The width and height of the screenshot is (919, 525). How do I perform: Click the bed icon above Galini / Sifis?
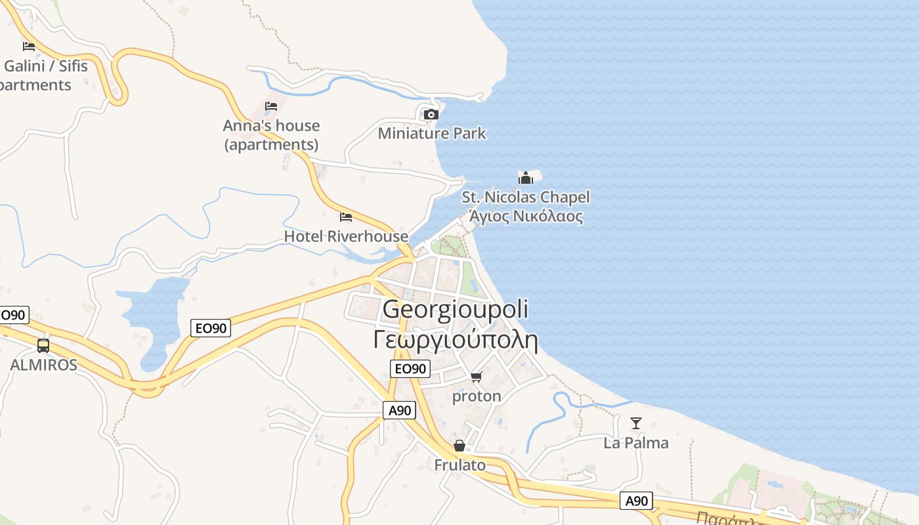click(28, 46)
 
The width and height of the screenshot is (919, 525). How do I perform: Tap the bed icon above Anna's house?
click(271, 106)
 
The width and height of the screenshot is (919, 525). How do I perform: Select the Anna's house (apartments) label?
click(271, 135)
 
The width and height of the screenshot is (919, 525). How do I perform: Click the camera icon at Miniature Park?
click(431, 114)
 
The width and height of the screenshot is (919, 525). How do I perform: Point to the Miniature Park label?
click(432, 133)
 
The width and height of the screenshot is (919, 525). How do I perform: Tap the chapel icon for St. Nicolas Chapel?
click(526, 178)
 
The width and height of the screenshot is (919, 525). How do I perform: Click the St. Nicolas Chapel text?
click(526, 197)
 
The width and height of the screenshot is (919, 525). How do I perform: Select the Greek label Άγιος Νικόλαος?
click(526, 216)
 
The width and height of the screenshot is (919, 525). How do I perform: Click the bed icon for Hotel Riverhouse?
click(346, 217)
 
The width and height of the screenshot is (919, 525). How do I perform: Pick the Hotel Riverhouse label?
click(346, 236)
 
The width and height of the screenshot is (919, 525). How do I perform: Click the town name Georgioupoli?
click(456, 309)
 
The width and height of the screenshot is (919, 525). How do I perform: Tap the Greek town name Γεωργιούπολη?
click(456, 341)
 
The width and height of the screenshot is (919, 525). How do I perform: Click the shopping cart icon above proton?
click(477, 377)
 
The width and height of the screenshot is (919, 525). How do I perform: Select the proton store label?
click(477, 396)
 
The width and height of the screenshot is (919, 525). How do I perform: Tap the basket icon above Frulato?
click(460, 446)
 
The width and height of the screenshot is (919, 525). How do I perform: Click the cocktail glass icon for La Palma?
click(635, 423)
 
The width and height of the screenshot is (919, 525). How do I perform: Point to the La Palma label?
click(635, 443)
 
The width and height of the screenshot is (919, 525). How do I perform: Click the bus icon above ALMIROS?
click(43, 345)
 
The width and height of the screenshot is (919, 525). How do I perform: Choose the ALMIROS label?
click(43, 365)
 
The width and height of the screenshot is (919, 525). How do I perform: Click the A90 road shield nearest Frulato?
click(399, 411)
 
